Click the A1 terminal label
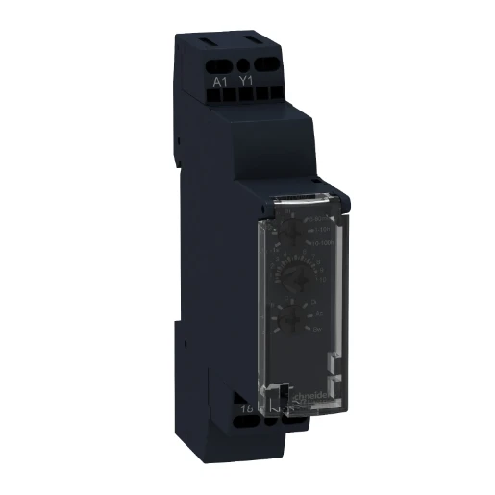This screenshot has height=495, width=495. point(218,82)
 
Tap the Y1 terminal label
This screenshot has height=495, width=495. point(245,82)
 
